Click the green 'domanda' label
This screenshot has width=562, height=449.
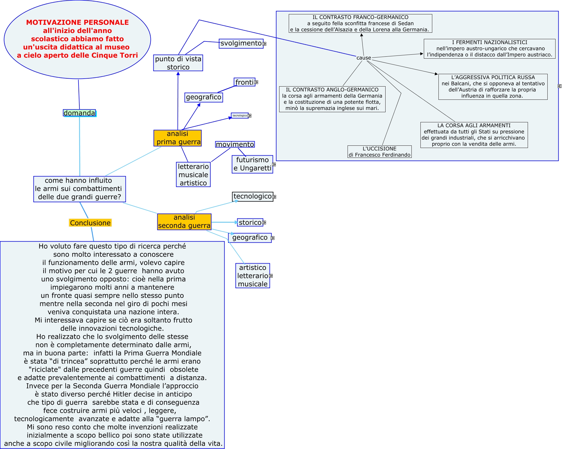point(79,113)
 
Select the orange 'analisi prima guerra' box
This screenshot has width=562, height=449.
point(178,138)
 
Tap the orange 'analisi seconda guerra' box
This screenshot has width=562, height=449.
point(184,222)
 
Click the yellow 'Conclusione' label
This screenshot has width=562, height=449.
point(90,223)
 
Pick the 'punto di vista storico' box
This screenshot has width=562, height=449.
point(178,63)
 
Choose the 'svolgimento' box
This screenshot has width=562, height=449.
point(241,43)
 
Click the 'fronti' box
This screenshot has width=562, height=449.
point(244,82)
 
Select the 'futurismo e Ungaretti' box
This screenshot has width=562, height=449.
point(252,164)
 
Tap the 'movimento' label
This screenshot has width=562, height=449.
point(235,144)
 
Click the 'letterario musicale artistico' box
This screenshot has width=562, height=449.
point(193,174)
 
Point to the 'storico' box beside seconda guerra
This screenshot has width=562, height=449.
point(250,222)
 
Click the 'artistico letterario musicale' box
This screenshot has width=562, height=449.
point(252,276)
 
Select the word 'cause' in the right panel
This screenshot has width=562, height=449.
point(364,58)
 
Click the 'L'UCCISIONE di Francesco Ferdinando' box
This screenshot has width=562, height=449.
point(379,152)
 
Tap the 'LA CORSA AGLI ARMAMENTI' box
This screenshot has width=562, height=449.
point(474,135)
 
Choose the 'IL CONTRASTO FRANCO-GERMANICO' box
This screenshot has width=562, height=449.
point(360,23)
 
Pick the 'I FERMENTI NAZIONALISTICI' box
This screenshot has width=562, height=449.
point(489,48)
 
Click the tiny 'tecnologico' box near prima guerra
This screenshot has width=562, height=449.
point(239,116)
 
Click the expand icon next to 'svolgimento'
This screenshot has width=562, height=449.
point(265,44)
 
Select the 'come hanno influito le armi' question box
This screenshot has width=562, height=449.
point(79,189)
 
